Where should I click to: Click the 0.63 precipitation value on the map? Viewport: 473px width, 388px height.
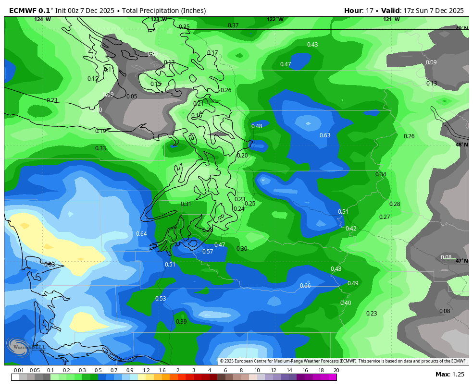[x=325, y=135]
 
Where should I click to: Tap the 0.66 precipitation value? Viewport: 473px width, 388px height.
[x=305, y=286]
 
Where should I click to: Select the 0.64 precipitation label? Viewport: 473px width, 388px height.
[x=141, y=234]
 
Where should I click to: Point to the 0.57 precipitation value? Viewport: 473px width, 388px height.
[x=208, y=252]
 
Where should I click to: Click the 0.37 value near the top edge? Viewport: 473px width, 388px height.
[x=233, y=25]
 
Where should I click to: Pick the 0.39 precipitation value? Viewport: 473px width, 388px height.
[x=181, y=322]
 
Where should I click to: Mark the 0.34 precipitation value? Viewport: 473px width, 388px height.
[x=381, y=174]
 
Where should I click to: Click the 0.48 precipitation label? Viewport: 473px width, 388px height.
[x=257, y=126]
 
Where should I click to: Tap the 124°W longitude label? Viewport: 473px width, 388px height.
[x=42, y=20]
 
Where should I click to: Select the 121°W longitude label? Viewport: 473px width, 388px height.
[x=391, y=20]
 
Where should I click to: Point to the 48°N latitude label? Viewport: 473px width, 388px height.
[x=461, y=145]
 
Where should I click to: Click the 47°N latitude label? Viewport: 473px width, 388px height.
[x=461, y=261]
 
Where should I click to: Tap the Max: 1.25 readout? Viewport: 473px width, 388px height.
[x=450, y=374]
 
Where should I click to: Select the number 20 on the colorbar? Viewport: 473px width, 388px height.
[x=336, y=370]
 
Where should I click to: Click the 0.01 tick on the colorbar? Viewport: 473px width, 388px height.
[x=19, y=370]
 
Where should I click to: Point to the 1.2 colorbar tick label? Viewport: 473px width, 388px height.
[x=146, y=370]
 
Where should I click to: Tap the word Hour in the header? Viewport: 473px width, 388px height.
[x=353, y=11]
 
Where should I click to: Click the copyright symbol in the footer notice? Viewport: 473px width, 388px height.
[x=222, y=361]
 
